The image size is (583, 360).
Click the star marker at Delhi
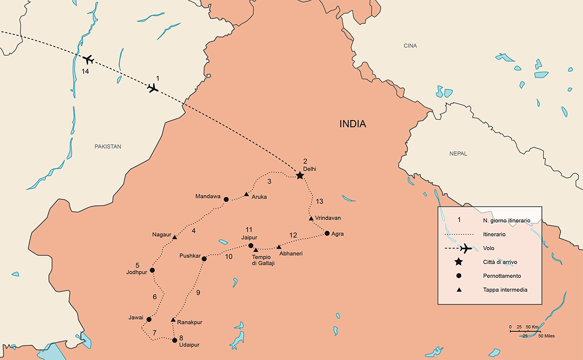point(299,176)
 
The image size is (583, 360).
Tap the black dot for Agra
point(327,234)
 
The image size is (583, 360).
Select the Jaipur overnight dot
point(251,245)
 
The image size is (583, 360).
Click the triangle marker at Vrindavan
point(311,219)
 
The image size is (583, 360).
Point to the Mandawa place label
point(208,197)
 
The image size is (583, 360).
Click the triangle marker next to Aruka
point(246,194)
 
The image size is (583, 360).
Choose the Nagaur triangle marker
point(174,238)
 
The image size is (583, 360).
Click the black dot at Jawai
point(149,319)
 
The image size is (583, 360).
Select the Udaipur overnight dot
point(174,341)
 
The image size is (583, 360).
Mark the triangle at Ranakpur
point(173,320)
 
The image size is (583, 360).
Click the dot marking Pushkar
point(204,258)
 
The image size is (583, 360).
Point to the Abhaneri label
point(291,254)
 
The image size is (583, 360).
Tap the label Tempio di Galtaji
point(263,260)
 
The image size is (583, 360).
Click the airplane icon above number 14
point(88,60)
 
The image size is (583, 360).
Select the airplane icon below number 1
point(153,88)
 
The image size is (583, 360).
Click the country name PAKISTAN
point(108,146)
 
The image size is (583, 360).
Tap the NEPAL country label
point(458,154)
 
